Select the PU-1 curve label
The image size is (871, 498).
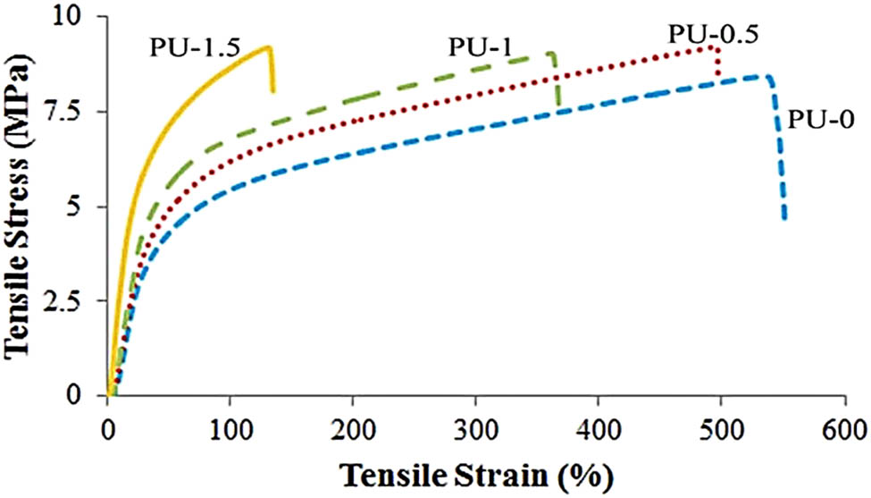point(480,48)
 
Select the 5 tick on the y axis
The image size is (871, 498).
point(86,207)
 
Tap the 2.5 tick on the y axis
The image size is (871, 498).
point(72,301)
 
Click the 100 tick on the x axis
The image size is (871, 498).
point(230,425)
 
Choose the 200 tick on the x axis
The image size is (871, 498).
point(353,425)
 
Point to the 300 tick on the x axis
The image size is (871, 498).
point(475,425)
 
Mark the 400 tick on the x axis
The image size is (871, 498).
point(598,425)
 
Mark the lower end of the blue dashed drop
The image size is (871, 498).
point(784,217)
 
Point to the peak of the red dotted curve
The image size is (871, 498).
point(712,47)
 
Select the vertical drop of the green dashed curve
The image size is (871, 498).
point(557,85)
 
